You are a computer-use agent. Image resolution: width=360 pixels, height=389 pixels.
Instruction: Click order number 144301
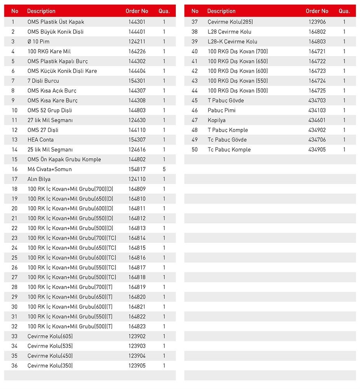[137, 22]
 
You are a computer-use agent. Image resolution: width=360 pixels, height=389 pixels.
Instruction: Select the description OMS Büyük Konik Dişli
[55, 32]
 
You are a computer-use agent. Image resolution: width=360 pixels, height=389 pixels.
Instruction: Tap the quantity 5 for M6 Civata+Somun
[164, 169]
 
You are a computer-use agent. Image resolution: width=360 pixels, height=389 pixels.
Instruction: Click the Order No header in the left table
[137, 11]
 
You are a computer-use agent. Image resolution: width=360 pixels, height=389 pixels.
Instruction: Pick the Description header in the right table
[221, 11]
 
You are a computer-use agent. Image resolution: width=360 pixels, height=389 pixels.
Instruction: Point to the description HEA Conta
[40, 140]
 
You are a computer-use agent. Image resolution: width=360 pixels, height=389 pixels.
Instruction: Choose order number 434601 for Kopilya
[317, 120]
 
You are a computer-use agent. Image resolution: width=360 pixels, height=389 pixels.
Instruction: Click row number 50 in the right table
[195, 149]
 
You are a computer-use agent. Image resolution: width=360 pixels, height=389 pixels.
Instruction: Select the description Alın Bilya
[39, 179]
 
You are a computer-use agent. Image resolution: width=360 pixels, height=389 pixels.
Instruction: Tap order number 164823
[137, 326]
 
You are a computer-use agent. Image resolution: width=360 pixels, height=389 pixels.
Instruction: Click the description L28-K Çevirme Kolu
[232, 42]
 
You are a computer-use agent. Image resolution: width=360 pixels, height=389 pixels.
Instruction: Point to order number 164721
[317, 51]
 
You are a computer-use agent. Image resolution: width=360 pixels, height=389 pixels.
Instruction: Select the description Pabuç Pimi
[222, 110]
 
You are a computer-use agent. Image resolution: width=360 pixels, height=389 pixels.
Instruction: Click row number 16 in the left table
[14, 169]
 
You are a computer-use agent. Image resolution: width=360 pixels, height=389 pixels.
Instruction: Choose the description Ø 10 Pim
[38, 42]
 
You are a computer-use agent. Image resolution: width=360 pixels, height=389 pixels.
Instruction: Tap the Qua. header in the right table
[344, 11]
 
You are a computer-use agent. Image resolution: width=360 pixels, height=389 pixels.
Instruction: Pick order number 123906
[317, 22]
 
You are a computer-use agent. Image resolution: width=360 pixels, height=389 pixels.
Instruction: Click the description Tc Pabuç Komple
[229, 149]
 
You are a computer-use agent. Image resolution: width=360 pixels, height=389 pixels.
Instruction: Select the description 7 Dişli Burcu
[43, 81]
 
